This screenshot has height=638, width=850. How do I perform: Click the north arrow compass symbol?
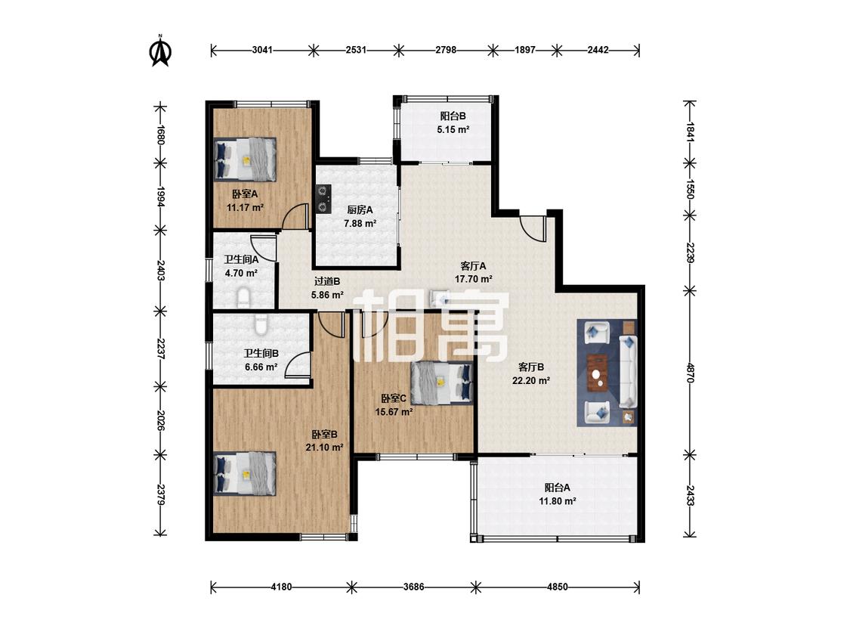coord(160,51)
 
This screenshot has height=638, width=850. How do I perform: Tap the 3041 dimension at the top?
coord(262,51)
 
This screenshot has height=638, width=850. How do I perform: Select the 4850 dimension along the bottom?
coord(558,587)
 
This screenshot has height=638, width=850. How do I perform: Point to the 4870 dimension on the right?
coord(690,373)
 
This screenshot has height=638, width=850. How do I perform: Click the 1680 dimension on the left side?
coord(160,134)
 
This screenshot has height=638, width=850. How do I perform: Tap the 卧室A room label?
coord(245,194)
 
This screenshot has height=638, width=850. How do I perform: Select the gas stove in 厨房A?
coord(323,199)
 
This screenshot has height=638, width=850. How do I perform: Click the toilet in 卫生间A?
coord(244,298)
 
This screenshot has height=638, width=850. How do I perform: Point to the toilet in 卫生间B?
coord(261,324)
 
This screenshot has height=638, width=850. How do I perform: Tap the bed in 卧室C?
coord(441,383)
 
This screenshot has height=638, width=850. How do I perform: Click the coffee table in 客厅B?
coord(599,372)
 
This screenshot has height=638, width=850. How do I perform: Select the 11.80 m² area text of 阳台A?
coord(558,501)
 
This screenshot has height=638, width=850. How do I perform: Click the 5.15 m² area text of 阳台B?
coord(453,130)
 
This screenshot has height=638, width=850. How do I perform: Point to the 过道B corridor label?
coord(327,281)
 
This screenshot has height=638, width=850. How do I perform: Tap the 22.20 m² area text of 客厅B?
coord(531,380)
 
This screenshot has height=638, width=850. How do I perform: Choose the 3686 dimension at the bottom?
coord(413,587)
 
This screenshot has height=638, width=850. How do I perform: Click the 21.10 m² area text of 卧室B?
coord(325,448)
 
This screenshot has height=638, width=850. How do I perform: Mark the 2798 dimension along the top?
coord(446,51)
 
